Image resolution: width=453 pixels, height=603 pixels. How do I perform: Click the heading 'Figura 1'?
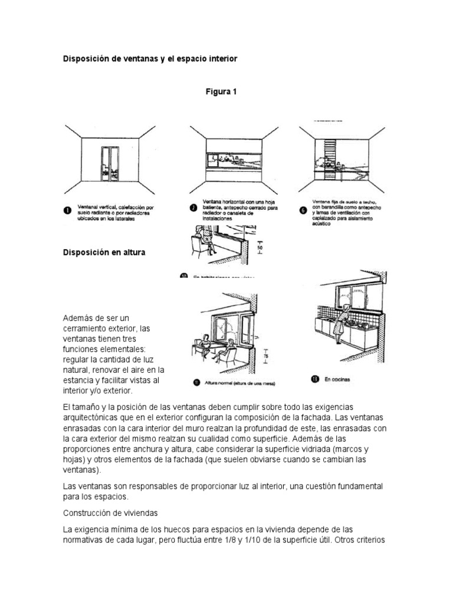(221, 92)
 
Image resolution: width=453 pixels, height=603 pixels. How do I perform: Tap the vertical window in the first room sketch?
(109, 162)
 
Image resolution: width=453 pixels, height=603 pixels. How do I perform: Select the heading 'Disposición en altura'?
(104, 252)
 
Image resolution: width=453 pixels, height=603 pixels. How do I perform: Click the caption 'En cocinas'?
(337, 380)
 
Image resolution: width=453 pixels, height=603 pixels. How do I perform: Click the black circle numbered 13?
(314, 380)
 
